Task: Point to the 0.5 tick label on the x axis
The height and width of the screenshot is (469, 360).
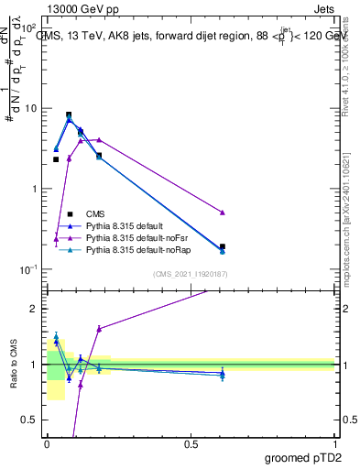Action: coord(191,442)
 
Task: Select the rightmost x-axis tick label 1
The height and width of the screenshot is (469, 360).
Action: coord(334,442)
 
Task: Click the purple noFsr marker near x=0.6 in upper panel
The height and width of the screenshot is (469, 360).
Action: coord(223,213)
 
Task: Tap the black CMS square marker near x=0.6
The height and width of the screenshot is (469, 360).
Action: coord(223,246)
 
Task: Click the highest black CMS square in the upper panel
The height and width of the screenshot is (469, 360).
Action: coord(69,115)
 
